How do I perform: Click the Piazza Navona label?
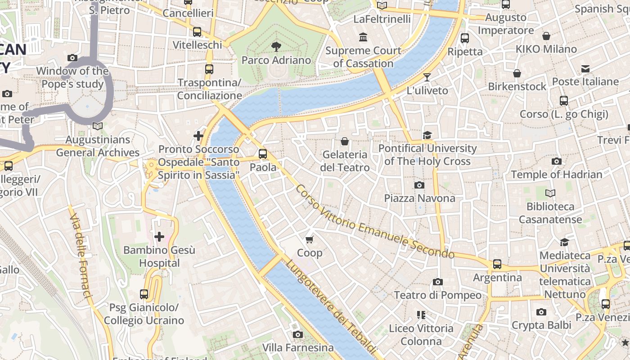pos(419,198)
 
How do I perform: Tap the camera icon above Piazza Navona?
pos(419,185)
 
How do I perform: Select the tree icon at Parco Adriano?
pos(276,46)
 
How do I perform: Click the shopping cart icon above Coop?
pos(310,239)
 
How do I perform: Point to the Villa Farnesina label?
pos(298,348)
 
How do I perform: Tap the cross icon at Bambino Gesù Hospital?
pos(159,236)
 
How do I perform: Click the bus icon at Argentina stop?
pos(497,264)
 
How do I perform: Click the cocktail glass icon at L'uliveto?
pos(427,77)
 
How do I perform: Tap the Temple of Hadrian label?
pos(556,175)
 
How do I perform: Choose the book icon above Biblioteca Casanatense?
pos(550,193)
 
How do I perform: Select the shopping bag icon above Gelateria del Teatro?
pos(345,142)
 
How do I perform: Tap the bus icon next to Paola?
pos(263,154)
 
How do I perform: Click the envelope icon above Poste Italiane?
pos(585,69)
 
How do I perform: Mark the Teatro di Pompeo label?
pos(437,295)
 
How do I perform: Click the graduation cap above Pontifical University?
pos(427,135)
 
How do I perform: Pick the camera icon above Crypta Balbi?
pos(541,312)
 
